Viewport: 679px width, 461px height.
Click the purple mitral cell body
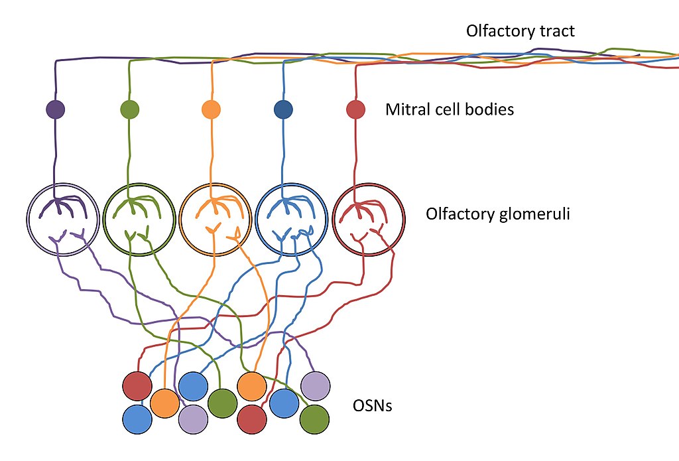pos(56,109)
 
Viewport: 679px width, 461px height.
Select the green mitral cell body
pos(130,109)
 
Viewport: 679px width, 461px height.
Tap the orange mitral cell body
pos(212,109)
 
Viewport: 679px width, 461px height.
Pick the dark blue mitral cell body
pos(284,109)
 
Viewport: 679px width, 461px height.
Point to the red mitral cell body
pos(356,109)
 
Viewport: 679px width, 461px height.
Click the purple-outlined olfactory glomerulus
pos(27,220)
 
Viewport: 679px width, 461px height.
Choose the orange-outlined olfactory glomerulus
pos(179,220)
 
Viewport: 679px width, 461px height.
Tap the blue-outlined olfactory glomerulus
pos(255,220)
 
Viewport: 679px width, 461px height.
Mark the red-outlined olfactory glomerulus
pos(333,220)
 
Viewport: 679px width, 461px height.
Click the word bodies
pos(489,109)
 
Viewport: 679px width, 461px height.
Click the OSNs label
pos(373,405)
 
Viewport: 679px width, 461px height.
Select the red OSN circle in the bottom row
pos(252,419)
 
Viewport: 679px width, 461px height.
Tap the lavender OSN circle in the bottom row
pos(193,419)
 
